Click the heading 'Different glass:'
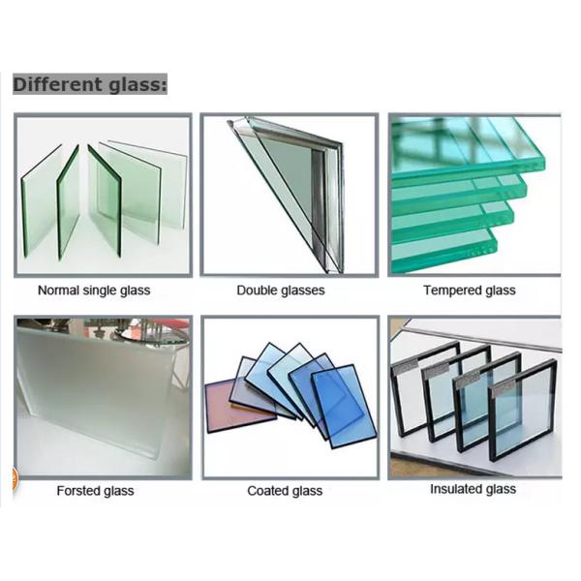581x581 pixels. [x=90, y=84]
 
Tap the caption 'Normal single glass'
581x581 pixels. [x=94, y=290]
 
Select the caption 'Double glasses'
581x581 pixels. [x=281, y=290]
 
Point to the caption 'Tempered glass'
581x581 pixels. [x=470, y=290]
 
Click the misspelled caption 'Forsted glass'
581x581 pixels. [x=95, y=491]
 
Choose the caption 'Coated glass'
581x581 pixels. [x=285, y=491]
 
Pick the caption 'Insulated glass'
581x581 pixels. [x=474, y=489]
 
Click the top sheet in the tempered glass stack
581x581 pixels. [x=467, y=148]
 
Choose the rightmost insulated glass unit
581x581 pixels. [x=523, y=410]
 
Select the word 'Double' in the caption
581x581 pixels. [x=257, y=290]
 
